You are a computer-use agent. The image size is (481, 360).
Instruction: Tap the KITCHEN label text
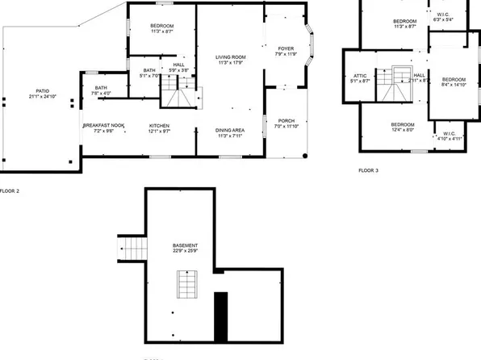pyautogui.click(x=159, y=126)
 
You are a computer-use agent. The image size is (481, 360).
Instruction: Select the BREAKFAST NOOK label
pyautogui.click(x=103, y=126)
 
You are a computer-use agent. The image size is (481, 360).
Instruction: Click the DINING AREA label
pyautogui.click(x=230, y=131)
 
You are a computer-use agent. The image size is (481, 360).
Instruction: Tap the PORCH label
pyautogui.click(x=287, y=122)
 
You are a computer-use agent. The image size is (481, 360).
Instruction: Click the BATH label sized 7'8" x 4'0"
pyautogui.click(x=101, y=88)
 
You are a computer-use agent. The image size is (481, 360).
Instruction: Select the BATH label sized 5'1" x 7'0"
pyautogui.click(x=149, y=71)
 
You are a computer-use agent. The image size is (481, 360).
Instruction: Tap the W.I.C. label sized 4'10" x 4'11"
pyautogui.click(x=449, y=134)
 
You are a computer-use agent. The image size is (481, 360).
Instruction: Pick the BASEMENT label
pyautogui.click(x=185, y=245)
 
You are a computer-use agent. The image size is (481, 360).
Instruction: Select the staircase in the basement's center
pyautogui.click(x=186, y=284)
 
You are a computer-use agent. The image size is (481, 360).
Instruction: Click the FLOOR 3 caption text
pyautogui.click(x=368, y=170)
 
